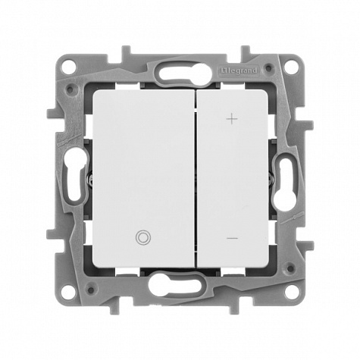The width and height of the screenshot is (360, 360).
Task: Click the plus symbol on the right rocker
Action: [x=232, y=119]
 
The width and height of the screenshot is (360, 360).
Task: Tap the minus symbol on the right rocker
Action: [x=232, y=238]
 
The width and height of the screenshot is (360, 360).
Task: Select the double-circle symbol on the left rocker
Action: [x=143, y=237]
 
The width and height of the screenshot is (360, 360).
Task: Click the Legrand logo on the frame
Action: [x=239, y=70]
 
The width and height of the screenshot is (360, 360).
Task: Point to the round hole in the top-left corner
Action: [x=68, y=67]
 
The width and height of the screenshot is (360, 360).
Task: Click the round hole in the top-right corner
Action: [x=291, y=67]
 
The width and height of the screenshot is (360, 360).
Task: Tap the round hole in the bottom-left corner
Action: [x=68, y=293]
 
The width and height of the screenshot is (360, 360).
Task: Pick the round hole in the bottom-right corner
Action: [x=291, y=293]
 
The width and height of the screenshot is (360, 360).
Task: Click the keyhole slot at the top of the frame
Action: [x=186, y=72]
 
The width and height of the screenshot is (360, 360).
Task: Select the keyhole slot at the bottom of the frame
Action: [x=175, y=287]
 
